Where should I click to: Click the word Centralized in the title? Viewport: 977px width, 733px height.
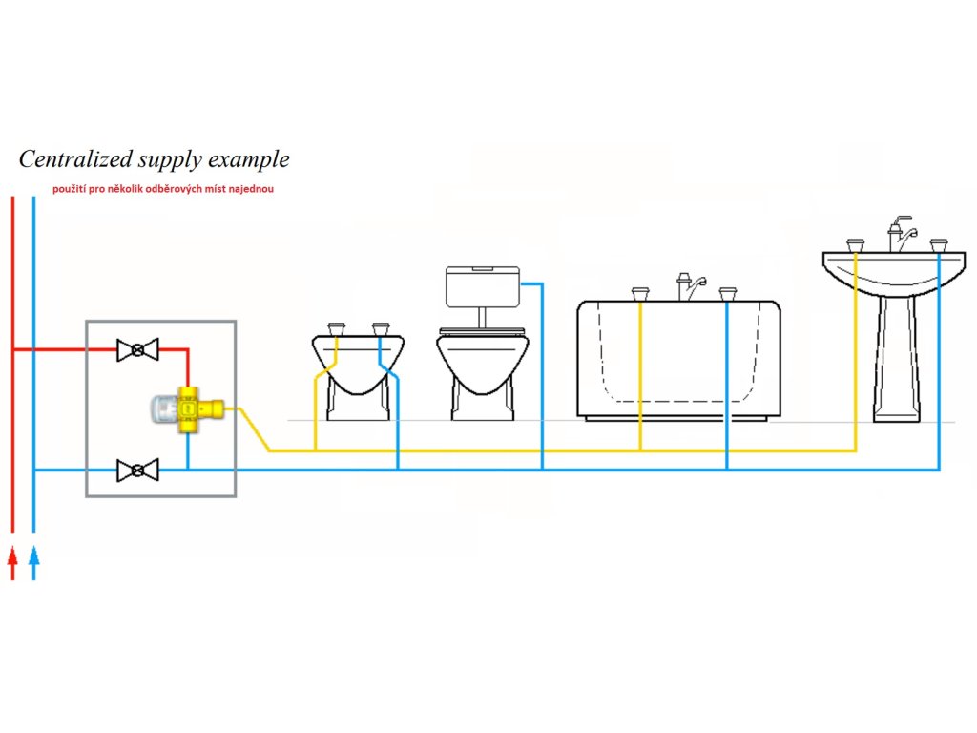click(72, 158)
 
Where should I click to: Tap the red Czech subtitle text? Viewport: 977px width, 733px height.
click(163, 189)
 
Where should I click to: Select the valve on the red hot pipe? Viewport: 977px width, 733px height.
click(137, 350)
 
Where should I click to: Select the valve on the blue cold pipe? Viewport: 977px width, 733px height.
click(137, 470)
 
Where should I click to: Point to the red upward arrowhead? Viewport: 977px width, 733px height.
click(12, 556)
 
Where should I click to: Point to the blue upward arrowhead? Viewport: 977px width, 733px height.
click(34, 556)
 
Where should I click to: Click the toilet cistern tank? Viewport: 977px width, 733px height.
click(483, 285)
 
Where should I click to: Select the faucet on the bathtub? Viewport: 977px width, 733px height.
click(690, 284)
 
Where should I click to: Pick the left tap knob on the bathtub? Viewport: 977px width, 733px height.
click(640, 293)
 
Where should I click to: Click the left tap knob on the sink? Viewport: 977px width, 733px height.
click(855, 245)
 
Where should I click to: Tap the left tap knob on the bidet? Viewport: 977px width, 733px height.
click(336, 328)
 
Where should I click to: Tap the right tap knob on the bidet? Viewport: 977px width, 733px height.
click(381, 328)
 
